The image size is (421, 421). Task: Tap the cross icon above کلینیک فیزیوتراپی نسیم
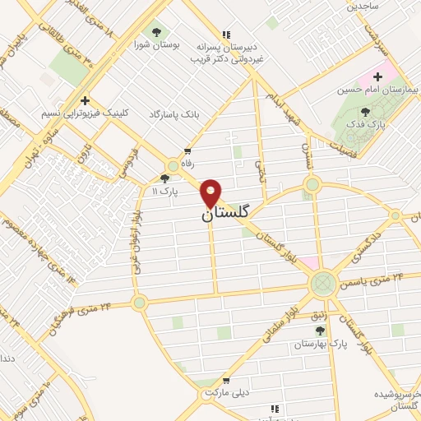tap(84, 101)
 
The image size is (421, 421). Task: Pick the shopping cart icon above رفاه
tap(188, 151)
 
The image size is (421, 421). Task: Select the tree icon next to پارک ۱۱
tap(164, 178)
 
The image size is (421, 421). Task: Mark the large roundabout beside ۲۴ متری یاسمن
tap(322, 284)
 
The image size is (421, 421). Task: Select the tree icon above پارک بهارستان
tap(320, 331)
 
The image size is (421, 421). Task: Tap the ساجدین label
tap(361, 7)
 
